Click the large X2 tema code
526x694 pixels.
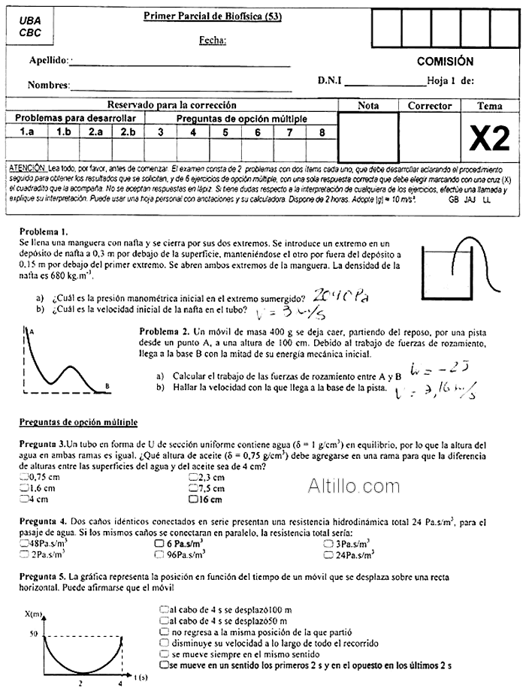[x=489, y=137]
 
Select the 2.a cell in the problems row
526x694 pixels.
[x=95, y=132]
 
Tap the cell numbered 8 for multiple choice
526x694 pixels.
[x=322, y=132]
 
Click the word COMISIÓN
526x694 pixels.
[x=445, y=62]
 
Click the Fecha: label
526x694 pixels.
[x=213, y=41]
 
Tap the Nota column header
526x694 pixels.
[x=368, y=106]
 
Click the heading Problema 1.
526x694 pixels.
[x=43, y=231]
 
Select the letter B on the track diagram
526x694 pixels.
[x=107, y=386]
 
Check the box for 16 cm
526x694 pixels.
[x=194, y=499]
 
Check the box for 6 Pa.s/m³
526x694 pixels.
[x=159, y=543]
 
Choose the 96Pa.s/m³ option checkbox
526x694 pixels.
[x=159, y=555]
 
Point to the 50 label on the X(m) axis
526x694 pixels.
[x=33, y=635]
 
